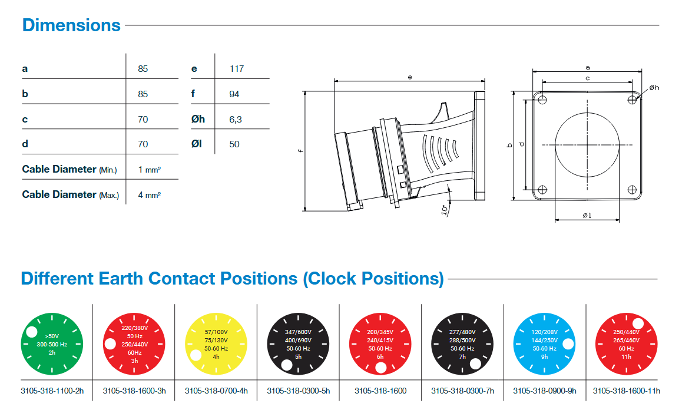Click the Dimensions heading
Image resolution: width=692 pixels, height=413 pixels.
tap(71, 25)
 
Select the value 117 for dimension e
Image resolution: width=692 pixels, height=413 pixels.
tap(237, 68)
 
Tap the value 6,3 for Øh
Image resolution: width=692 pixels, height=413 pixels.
tap(236, 119)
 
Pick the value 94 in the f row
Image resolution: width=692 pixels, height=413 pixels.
tap(234, 94)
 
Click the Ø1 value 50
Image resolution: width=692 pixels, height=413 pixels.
tap(234, 144)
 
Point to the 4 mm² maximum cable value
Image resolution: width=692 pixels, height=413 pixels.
tap(150, 194)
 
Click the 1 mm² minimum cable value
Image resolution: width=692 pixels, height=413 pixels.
tap(150, 170)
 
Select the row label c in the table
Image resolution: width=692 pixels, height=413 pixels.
tap(25, 119)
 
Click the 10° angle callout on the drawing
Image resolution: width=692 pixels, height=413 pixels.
tap(445, 209)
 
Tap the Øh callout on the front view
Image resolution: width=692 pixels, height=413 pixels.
tap(654, 88)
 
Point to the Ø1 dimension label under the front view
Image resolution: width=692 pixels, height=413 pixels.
tap(587, 216)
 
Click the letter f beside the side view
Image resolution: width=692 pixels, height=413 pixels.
tap(300, 151)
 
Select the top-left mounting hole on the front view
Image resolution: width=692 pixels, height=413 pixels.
tap(542, 98)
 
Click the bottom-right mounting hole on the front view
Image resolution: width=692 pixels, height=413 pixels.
tap(632, 190)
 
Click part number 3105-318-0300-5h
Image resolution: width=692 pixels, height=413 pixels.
tap(298, 391)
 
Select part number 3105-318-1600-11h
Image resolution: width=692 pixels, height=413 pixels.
tap(627, 391)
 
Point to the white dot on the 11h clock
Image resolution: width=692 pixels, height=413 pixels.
tap(637, 323)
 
